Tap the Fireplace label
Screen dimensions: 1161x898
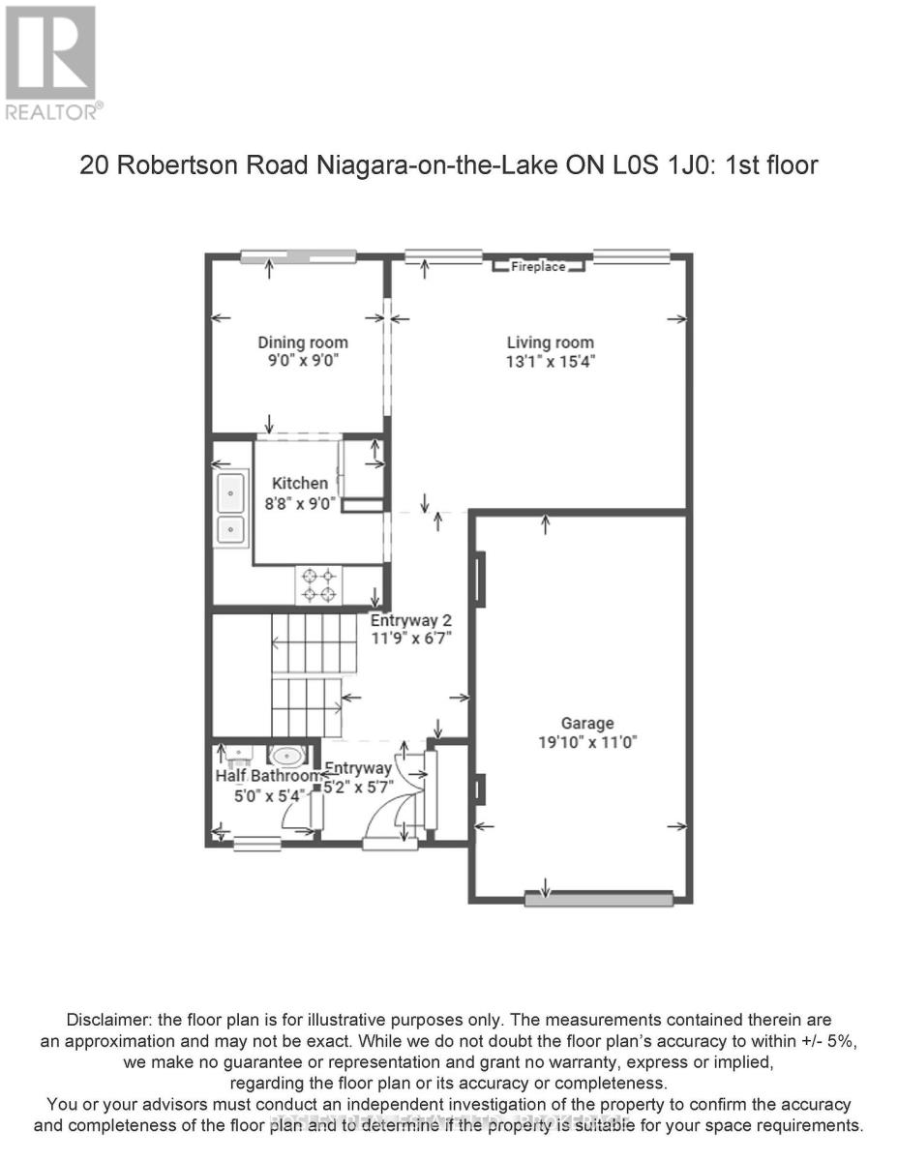click(538, 266)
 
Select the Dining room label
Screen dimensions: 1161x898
click(302, 342)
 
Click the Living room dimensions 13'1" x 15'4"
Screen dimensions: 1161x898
click(550, 361)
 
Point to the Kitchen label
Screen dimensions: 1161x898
click(299, 483)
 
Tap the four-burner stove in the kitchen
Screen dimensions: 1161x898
click(319, 584)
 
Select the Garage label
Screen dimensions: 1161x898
click(587, 723)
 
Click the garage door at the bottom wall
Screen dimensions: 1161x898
click(598, 899)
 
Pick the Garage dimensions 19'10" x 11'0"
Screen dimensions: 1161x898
click(587, 742)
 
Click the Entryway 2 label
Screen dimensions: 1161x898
click(411, 620)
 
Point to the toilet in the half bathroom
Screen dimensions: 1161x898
click(285, 756)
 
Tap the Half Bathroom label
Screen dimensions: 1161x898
click(267, 776)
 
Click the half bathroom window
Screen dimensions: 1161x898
click(256, 845)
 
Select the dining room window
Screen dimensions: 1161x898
click(289, 256)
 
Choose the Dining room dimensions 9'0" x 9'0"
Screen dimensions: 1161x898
click(302, 361)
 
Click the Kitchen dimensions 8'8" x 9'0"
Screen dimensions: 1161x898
click(299, 502)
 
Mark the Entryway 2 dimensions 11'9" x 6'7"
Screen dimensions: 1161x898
click(411, 639)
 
